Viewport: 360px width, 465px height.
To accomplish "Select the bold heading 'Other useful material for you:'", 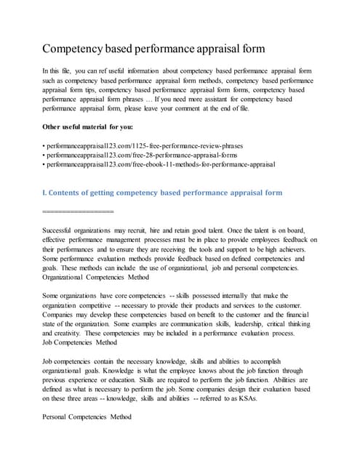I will point(91,126).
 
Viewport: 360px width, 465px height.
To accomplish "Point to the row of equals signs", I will point(79,211).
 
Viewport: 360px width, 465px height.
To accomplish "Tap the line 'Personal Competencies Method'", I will point(87,417).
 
